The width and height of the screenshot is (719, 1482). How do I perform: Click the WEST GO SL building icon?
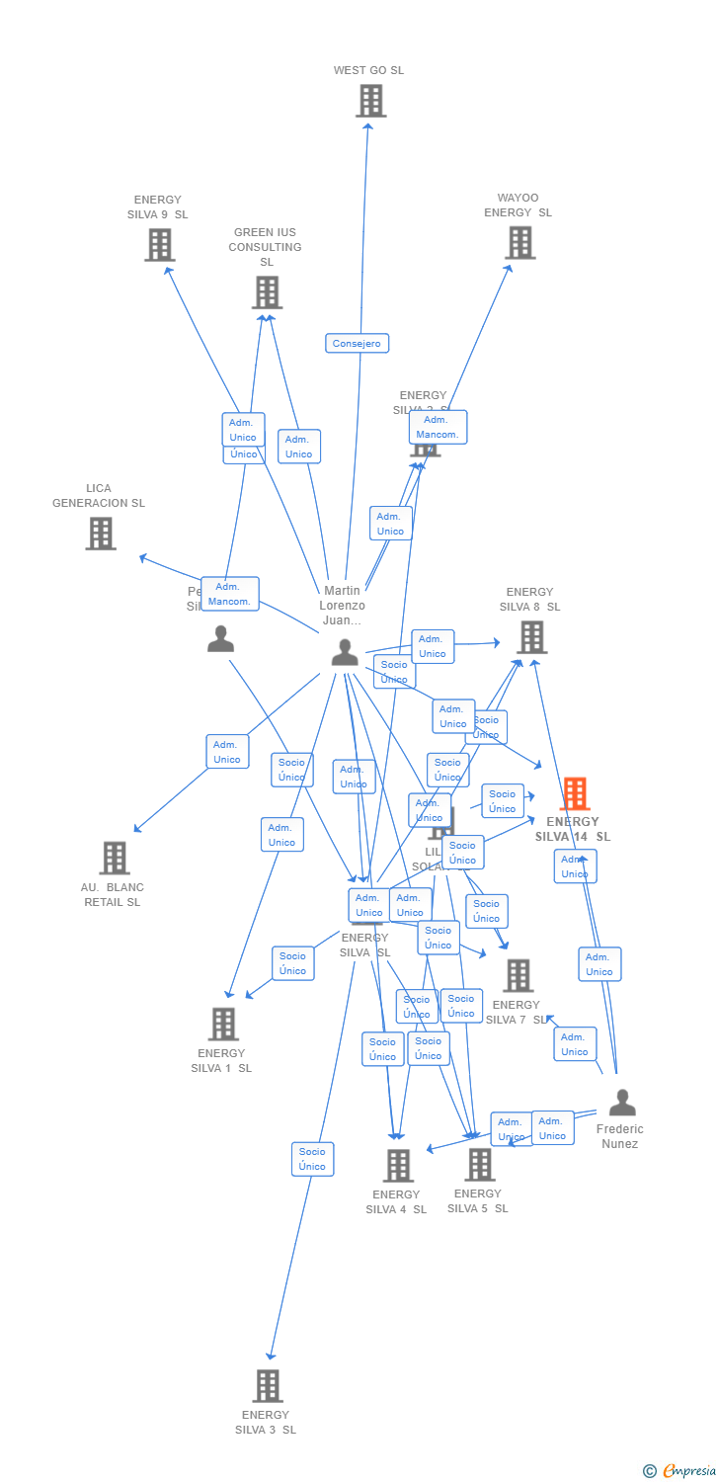(x=370, y=101)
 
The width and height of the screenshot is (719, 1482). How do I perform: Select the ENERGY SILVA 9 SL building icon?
(x=159, y=245)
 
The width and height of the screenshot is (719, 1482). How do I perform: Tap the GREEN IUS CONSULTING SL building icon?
(x=267, y=292)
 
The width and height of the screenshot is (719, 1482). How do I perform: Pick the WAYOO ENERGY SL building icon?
(x=519, y=242)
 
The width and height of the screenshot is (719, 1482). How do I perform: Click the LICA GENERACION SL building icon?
(x=100, y=534)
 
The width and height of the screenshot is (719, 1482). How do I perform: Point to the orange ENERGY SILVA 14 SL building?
(x=574, y=793)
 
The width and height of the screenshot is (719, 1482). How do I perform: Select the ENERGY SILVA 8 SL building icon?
(x=531, y=637)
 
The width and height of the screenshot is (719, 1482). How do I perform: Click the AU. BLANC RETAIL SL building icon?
(x=115, y=858)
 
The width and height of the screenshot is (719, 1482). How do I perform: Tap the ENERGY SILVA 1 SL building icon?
(x=223, y=1024)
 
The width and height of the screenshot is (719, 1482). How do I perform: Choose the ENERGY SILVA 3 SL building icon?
(x=267, y=1385)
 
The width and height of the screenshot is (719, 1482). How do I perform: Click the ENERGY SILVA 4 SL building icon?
(x=397, y=1166)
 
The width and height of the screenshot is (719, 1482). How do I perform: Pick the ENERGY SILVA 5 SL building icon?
(x=479, y=1164)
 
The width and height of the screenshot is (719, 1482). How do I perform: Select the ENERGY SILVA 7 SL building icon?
(x=518, y=975)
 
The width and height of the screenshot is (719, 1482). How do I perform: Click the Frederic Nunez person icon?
(x=621, y=1103)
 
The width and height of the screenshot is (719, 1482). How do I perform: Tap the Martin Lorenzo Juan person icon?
(x=344, y=652)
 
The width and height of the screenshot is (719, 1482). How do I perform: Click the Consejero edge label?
(x=358, y=343)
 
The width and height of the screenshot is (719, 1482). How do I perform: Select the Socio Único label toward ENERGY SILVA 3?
(x=312, y=1159)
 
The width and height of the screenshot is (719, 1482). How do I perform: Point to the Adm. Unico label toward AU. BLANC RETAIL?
(x=227, y=752)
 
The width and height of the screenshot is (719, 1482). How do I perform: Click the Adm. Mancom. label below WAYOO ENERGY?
(x=438, y=427)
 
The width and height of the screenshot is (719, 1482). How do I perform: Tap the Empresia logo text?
(x=687, y=1470)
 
